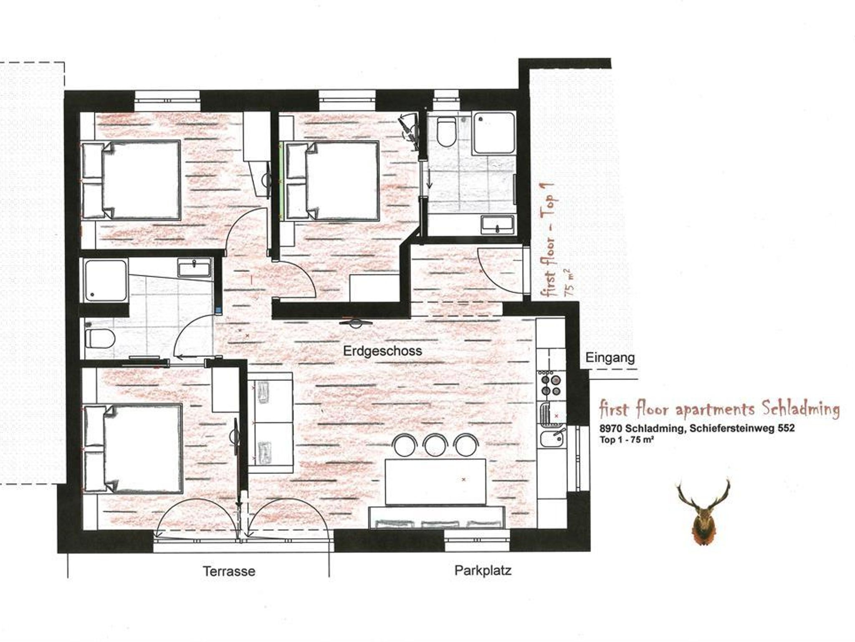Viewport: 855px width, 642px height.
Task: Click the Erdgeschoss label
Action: coord(382,351)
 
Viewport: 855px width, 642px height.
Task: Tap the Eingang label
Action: coord(610,358)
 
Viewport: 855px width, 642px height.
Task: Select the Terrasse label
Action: coord(229,571)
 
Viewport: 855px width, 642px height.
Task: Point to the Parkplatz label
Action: coord(483,570)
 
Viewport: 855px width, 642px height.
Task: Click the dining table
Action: coord(435,482)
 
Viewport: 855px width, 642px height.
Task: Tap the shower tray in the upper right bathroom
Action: coord(494,134)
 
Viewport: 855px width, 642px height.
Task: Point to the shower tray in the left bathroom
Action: coord(106,281)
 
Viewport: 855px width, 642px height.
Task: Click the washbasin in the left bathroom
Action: coord(195,268)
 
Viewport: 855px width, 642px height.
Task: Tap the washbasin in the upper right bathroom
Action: coord(498,225)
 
